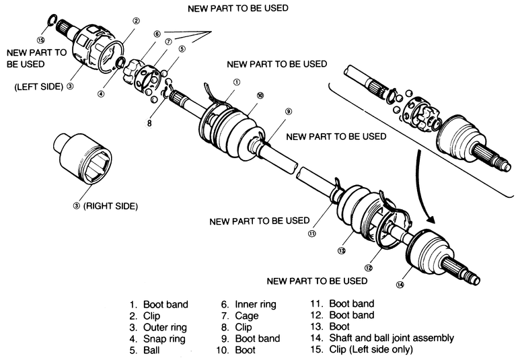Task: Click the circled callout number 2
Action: coord(136,22)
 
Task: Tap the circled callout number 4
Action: coord(100,94)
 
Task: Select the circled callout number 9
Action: coord(288,111)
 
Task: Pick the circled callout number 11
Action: coord(312,234)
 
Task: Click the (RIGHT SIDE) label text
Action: coord(110,207)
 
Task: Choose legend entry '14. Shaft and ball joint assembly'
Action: coord(381,338)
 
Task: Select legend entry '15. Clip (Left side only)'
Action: coord(362,349)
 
